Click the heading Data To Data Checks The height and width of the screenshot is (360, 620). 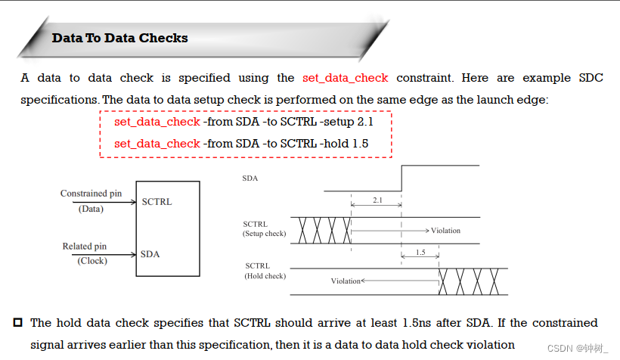coord(119,38)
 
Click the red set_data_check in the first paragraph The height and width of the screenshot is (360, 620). coord(345,78)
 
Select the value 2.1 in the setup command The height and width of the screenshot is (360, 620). coord(363,121)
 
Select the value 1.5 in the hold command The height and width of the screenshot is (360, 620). coord(360,143)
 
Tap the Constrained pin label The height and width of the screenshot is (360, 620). coord(91,194)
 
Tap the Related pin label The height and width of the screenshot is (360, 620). coord(84,247)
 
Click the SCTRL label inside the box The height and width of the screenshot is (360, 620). coord(157,202)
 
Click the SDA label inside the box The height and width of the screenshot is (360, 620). coord(150,254)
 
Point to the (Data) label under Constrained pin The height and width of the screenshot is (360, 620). coord(91,208)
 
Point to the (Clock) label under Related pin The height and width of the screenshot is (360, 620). coord(92,261)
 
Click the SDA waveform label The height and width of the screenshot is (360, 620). coord(249,178)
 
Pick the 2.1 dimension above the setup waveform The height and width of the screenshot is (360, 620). coord(376,200)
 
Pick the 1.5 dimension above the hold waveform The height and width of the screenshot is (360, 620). coord(420,253)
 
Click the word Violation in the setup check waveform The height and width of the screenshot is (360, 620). coord(445,230)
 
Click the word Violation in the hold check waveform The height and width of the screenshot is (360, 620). coord(346,281)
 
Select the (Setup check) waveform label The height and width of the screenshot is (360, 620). coord(264,234)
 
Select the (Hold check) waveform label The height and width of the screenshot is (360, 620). coord(265,277)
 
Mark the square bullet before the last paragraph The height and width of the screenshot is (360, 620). coord(18,323)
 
